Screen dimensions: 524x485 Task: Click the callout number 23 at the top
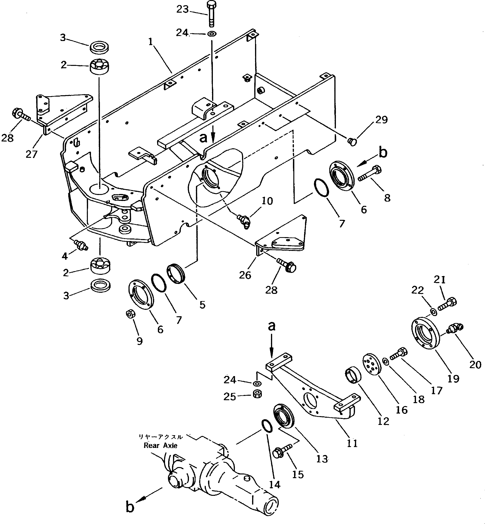click(182, 10)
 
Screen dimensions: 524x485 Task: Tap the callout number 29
click(381, 120)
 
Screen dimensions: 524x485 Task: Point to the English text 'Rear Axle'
click(160, 445)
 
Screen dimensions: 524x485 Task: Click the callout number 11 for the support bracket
click(352, 444)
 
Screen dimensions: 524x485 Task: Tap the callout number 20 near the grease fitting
click(475, 364)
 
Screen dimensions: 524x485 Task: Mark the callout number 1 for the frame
click(150, 42)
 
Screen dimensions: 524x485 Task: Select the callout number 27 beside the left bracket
click(31, 154)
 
